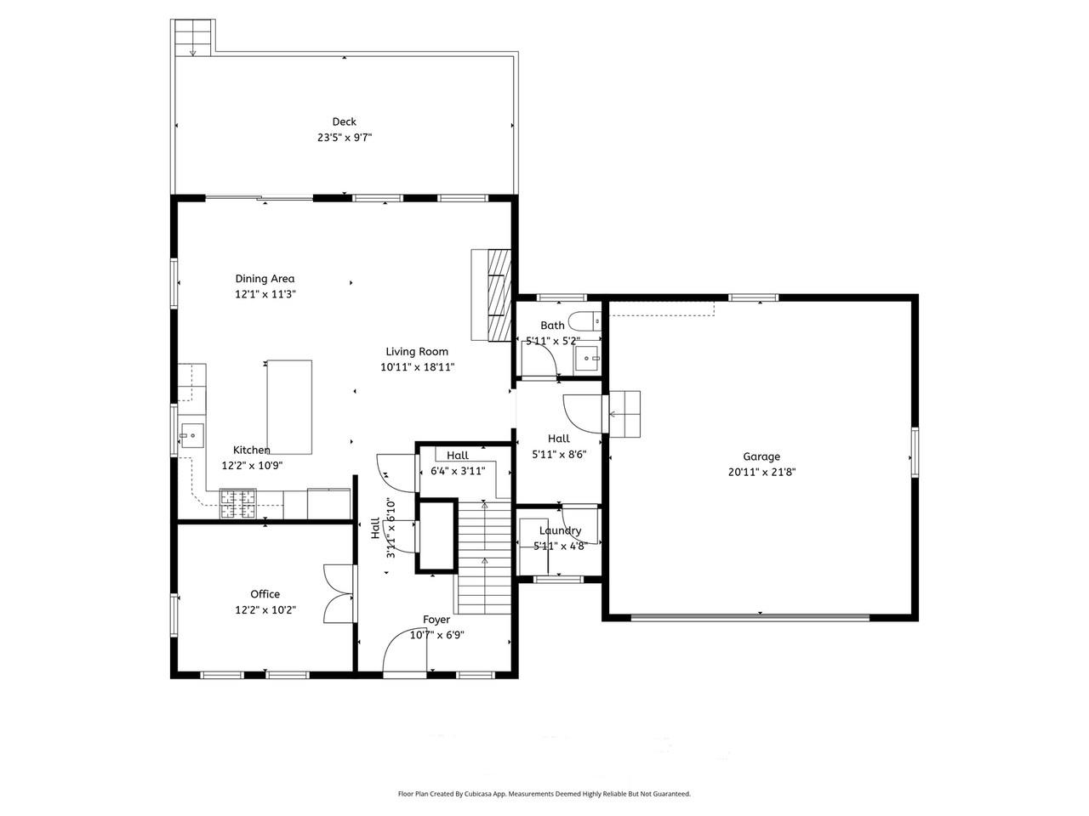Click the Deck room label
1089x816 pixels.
[x=344, y=122]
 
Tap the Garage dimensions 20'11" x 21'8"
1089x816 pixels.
[x=761, y=473]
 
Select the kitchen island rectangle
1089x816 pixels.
[x=289, y=407]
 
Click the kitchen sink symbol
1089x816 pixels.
[x=192, y=437]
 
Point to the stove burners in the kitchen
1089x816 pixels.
[x=238, y=503]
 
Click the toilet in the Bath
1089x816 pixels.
[x=586, y=321]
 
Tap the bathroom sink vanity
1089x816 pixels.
[x=588, y=359]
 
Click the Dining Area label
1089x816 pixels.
[x=265, y=279]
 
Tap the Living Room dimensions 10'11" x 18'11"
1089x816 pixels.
[x=417, y=367]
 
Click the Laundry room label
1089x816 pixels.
[x=559, y=530]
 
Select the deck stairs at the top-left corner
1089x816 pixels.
[x=192, y=38]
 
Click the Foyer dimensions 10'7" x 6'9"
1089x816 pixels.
[x=436, y=635]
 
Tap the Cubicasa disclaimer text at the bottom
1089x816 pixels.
[x=544, y=794]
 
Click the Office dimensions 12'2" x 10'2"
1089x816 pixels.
[x=265, y=609]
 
